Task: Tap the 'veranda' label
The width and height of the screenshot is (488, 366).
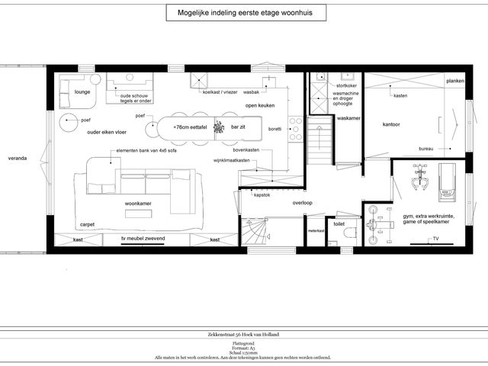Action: click(18, 159)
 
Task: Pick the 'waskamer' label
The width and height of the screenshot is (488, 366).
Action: click(348, 119)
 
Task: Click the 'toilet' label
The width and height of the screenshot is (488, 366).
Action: click(339, 224)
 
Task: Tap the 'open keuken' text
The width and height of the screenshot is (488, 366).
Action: click(260, 105)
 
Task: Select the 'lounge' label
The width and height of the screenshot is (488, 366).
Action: click(83, 92)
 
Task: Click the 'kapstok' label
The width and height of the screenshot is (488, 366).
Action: click(263, 195)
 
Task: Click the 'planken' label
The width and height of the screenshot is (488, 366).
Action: click(455, 81)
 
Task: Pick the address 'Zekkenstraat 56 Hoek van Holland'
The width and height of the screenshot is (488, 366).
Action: click(244, 334)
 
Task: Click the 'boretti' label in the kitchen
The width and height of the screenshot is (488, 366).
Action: click(274, 129)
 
